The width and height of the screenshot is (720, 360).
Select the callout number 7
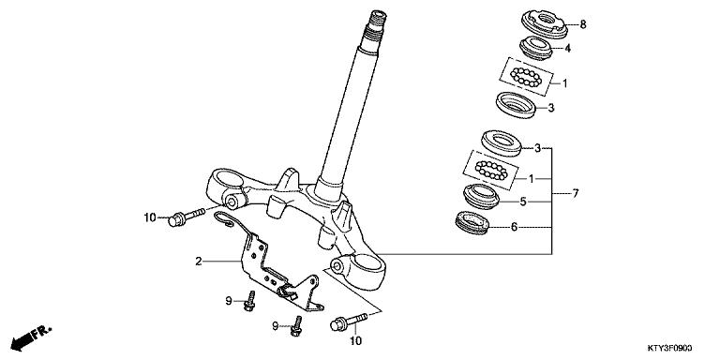click(x=577, y=193)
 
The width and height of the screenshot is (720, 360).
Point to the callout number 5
click(x=525, y=200)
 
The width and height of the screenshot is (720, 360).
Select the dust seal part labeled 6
click(x=473, y=224)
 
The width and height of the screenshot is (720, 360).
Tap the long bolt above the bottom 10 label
click(x=347, y=322)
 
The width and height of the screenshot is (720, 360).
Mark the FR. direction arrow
click(x=29, y=336)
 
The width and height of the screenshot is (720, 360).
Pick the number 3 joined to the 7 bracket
click(x=538, y=148)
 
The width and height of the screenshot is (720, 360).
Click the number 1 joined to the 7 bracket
click(x=532, y=177)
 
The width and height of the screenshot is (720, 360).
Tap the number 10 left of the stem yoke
click(x=149, y=218)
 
